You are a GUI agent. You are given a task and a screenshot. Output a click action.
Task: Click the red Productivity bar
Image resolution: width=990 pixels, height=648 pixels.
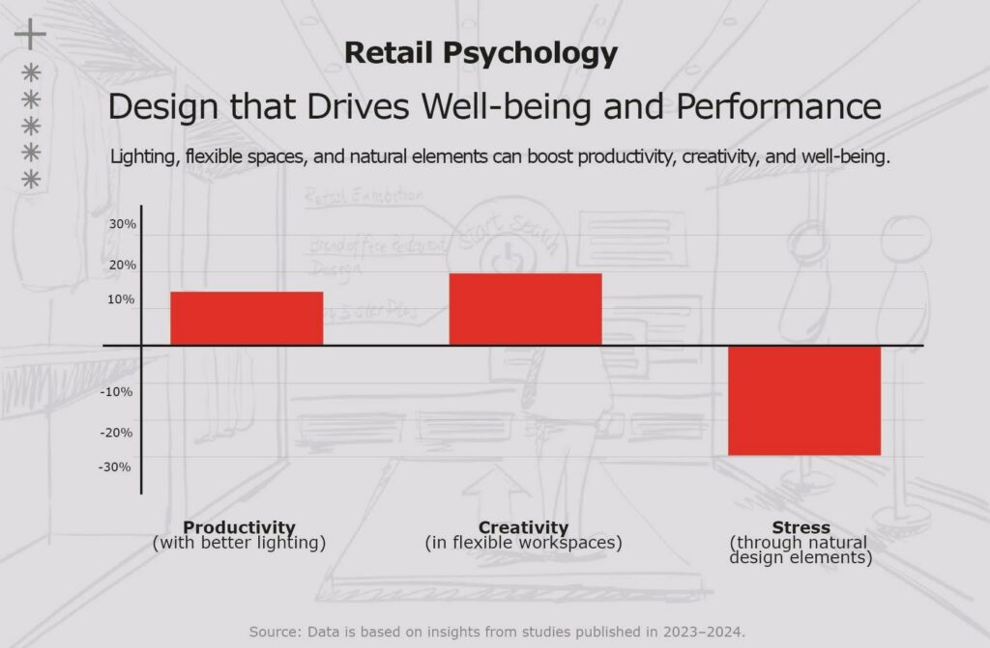pos(247,318)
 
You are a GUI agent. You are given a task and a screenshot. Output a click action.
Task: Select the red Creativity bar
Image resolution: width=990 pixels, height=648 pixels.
pos(525,309)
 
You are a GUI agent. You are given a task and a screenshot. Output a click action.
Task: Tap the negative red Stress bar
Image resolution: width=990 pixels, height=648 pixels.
pos(803,400)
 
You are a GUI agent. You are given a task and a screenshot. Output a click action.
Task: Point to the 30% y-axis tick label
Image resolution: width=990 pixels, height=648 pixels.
pos(122,224)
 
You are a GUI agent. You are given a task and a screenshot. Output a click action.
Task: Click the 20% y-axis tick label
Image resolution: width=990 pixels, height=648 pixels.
pos(122,265)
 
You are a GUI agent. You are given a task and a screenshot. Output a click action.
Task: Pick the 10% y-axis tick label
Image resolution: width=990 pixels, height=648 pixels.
pos(122,299)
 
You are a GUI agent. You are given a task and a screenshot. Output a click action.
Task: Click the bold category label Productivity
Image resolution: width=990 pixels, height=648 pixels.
pos(239,527)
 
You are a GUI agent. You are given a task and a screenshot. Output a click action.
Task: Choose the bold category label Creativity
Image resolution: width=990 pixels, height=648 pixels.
pos(523,527)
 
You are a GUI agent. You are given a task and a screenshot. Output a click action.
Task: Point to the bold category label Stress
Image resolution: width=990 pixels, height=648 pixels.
pos(801,527)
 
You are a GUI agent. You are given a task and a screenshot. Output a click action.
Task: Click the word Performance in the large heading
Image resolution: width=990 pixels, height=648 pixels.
pos(778,106)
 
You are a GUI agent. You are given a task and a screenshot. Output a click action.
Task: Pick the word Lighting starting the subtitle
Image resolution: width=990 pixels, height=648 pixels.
pos(143,157)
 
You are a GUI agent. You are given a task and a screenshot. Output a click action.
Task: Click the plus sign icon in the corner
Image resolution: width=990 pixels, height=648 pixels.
pos(30,34)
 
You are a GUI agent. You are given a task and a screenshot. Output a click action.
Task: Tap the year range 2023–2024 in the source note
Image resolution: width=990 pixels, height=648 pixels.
pos(704,632)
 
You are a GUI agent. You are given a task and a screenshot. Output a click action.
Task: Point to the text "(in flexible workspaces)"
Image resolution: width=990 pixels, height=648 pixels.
pos(523,543)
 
